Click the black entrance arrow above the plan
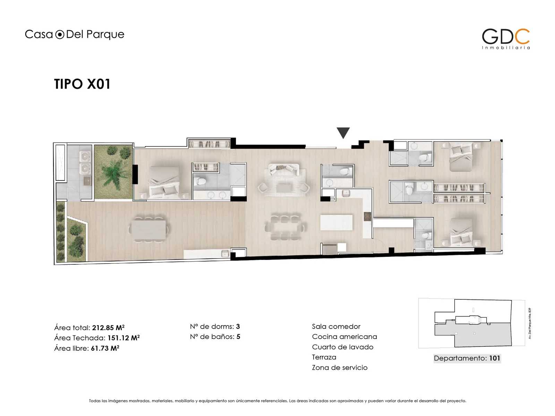(343, 132)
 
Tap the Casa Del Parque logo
(74, 34)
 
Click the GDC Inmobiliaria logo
(506, 39)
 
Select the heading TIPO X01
(82, 84)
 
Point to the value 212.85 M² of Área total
(108, 328)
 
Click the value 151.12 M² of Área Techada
(123, 338)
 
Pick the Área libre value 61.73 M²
(105, 348)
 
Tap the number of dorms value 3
(238, 326)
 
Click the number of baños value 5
(238, 337)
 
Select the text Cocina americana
(344, 337)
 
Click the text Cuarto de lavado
(343, 347)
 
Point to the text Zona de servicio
(340, 367)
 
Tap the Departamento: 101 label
(467, 358)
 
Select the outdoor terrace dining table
(148, 229)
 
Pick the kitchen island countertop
(336, 222)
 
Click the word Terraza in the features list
(324, 357)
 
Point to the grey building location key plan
(473, 323)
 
